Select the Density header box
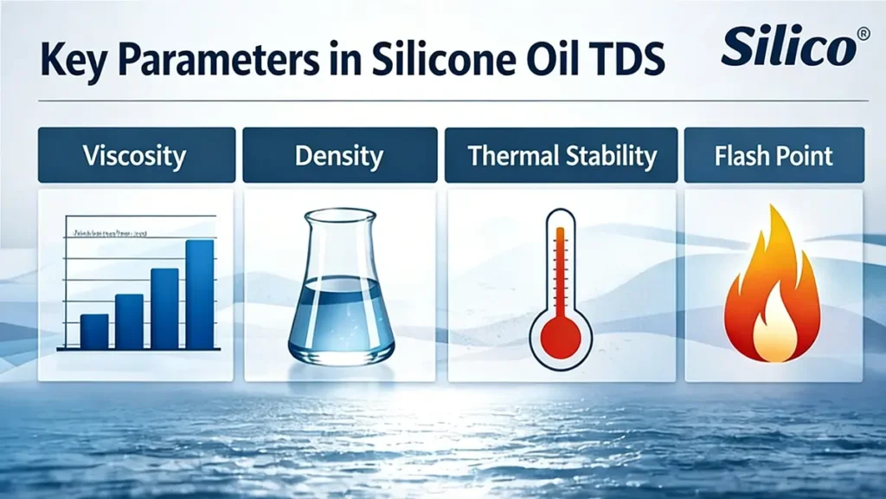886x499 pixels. [339, 156]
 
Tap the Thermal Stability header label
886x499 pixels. [562, 156]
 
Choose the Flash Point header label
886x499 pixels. [774, 156]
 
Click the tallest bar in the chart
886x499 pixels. [200, 295]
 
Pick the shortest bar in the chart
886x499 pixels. [94, 331]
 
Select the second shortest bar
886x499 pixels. [129, 321]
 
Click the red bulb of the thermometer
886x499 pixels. [561, 333]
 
